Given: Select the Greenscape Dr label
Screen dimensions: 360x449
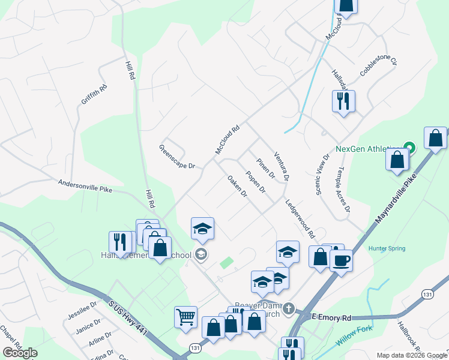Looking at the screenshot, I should pyautogui.click(x=177, y=157).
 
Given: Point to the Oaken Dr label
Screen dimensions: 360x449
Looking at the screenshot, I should pyautogui.click(x=238, y=186).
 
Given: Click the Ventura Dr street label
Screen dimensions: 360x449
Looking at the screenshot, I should pyautogui.click(x=282, y=166).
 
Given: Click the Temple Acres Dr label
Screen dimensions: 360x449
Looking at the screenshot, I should pyautogui.click(x=344, y=190).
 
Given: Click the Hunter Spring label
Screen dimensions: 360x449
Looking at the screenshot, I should pyautogui.click(x=387, y=248).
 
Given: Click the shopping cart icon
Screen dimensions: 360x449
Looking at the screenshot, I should pyautogui.click(x=185, y=316).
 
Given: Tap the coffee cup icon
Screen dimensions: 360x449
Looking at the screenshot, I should pyautogui.click(x=341, y=260).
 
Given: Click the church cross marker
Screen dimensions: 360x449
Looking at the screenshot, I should pyautogui.click(x=289, y=309).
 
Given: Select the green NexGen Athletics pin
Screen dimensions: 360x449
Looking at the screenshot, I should pyautogui.click(x=409, y=147).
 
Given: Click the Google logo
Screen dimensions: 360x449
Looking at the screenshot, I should pyautogui.click(x=20, y=353).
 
